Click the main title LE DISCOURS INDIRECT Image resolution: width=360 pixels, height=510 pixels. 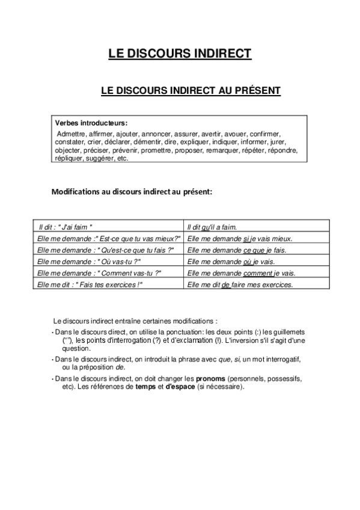(180, 54)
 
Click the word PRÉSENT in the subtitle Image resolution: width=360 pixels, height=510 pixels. (257, 91)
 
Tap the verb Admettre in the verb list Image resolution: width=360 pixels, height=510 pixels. (71, 134)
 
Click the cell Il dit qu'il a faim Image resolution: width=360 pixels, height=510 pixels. (212, 227)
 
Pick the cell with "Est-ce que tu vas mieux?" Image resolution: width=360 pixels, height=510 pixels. (108, 239)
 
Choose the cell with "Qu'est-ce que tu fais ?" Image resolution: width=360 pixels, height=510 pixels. (106, 250)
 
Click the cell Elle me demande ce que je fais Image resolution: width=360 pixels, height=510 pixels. (237, 250)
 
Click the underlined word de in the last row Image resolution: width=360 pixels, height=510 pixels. (226, 284)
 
